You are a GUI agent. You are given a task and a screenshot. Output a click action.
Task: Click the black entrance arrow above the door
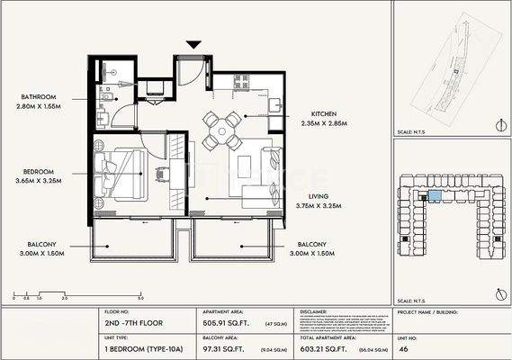point(192,43)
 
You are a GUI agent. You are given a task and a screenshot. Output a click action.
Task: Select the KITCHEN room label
point(324,114)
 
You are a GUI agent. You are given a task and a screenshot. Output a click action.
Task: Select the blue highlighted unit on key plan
point(436,194)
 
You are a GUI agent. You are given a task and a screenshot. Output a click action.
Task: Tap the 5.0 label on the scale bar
point(141,297)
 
